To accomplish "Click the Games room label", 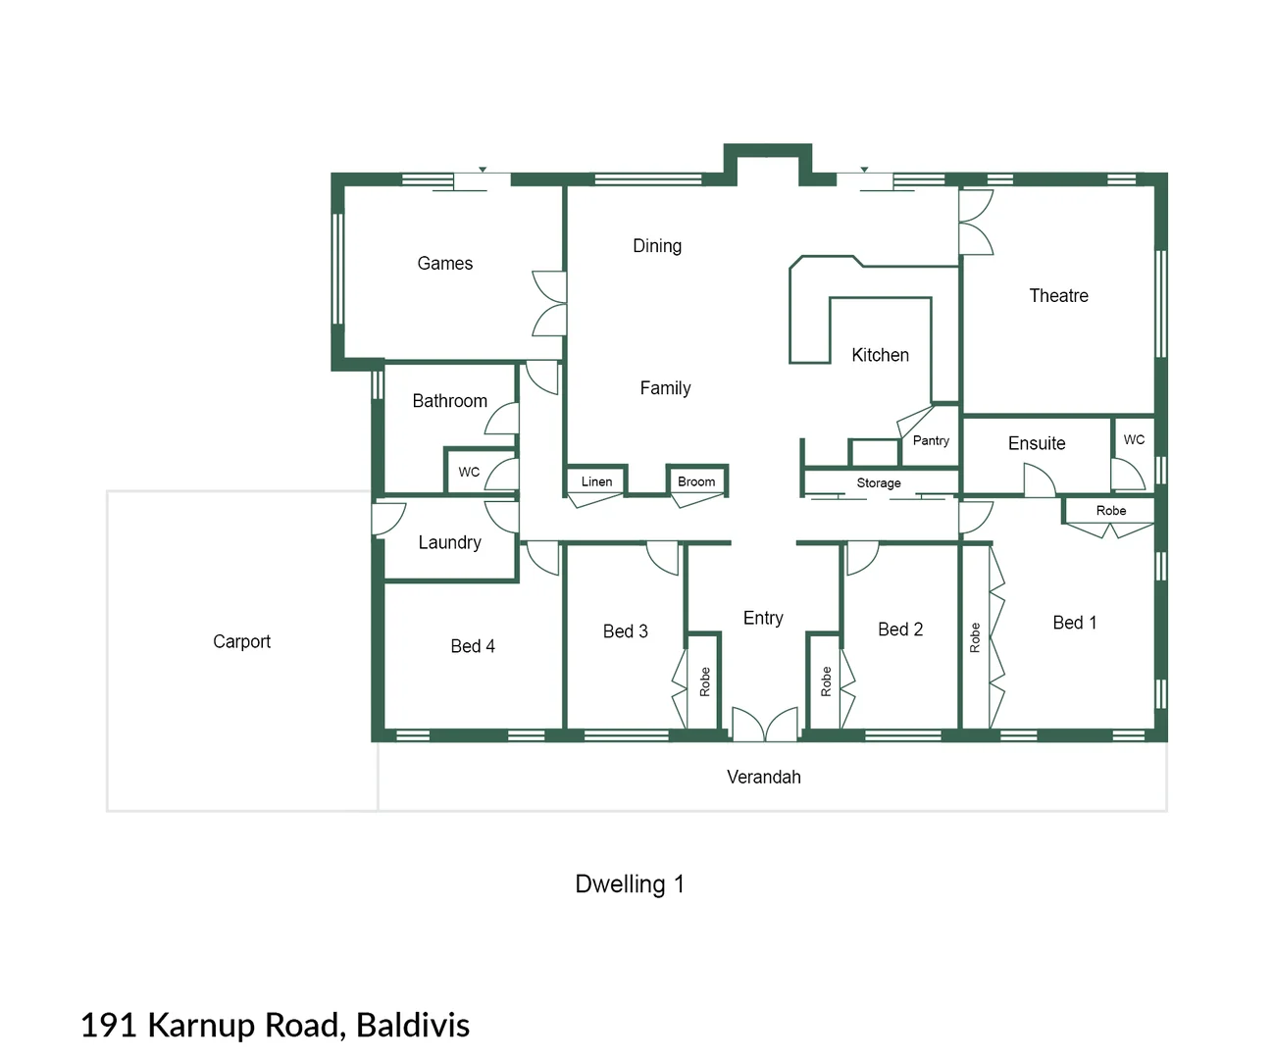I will point(444,263).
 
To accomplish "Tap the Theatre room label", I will point(1058,295).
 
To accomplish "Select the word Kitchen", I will point(880,355).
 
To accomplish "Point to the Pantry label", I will point(931,440).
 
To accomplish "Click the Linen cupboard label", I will point(596,481).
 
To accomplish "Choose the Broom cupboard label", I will point(696,481).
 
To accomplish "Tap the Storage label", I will point(878,482).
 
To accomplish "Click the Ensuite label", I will point(1036,443).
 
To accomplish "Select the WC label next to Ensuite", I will point(1134,439).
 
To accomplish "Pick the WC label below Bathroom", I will point(469,472).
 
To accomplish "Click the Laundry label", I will point(449,542).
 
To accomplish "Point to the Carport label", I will point(241,641).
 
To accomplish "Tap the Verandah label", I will point(763,777).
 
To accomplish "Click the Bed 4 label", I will point(472,646).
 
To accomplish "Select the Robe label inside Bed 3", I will point(704,681).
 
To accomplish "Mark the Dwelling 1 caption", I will point(629,883).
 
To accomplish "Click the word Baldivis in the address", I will point(412,1025).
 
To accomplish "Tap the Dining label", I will point(656,245).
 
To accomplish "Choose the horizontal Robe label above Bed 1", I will point(1110,510).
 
